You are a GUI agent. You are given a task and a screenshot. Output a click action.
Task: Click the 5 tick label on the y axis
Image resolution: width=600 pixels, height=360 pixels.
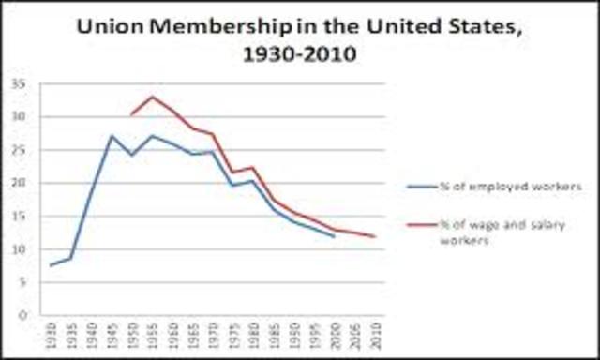[x=22, y=282]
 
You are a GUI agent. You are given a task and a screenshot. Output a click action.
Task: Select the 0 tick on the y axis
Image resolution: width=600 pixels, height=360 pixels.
[x=22, y=316]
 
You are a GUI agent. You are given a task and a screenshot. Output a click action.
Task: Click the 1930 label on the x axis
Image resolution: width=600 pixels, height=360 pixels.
[x=51, y=336]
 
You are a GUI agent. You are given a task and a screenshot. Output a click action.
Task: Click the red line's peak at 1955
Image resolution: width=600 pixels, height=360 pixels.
[x=152, y=97]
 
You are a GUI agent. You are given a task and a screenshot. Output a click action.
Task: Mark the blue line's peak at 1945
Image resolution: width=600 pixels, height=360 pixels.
[x=112, y=136]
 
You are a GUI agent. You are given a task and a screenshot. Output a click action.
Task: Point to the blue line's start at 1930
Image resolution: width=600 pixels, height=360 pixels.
[x=51, y=265]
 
